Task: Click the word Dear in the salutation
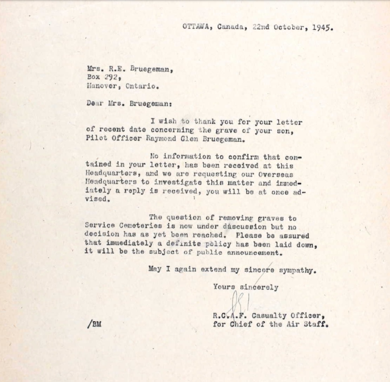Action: pyautogui.click(x=95, y=103)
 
